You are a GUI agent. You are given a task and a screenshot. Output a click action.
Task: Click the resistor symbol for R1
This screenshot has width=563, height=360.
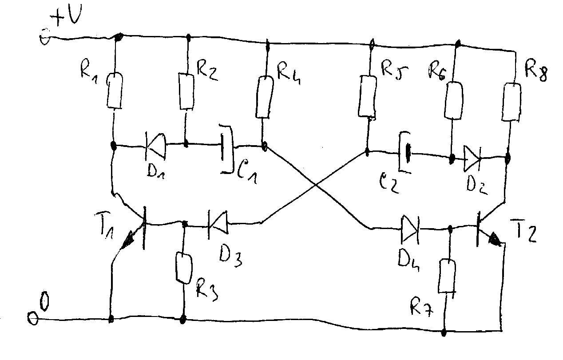(x=115, y=91)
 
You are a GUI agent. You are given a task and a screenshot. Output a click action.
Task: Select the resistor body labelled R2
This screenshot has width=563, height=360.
(x=186, y=91)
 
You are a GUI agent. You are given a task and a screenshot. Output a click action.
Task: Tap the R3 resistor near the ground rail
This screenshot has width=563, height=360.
(x=184, y=268)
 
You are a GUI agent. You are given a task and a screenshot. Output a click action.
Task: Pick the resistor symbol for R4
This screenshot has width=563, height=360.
(x=265, y=97)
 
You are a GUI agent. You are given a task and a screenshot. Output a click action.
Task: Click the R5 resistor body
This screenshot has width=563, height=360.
(x=367, y=96)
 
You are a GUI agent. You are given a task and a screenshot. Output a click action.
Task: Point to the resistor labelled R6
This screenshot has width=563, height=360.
(x=454, y=100)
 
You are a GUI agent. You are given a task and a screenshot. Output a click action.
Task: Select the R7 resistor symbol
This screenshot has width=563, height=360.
(x=447, y=276)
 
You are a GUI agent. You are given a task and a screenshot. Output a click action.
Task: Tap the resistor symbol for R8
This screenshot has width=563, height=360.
(x=511, y=102)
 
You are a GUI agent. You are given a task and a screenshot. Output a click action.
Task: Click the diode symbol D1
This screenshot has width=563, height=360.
(x=155, y=146)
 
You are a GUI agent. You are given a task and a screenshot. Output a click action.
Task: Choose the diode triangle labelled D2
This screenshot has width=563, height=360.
(x=472, y=158)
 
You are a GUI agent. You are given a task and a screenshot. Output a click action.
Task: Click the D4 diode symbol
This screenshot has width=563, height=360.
(x=410, y=229)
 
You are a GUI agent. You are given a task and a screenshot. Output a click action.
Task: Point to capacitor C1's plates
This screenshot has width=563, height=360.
(x=227, y=149)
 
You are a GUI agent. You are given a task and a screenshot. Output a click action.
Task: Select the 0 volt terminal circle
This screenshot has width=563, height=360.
(x=33, y=319)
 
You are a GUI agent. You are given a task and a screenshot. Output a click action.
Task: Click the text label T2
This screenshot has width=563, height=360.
(x=524, y=231)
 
